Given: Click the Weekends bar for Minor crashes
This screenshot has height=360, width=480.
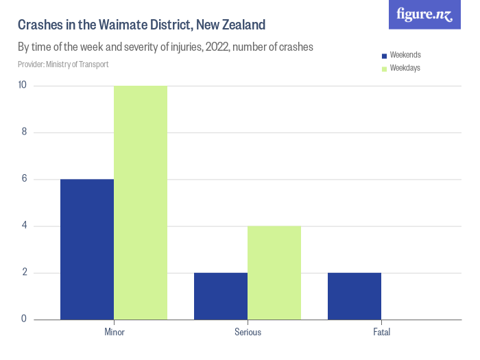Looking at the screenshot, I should [x=87, y=249].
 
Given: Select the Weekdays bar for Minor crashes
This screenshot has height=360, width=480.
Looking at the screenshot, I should [x=141, y=202].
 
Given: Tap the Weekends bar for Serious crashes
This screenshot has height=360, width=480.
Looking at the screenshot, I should [x=221, y=296].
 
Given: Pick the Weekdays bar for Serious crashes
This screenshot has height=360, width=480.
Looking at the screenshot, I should [x=274, y=272].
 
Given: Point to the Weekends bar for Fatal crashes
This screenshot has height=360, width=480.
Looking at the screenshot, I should [x=355, y=296].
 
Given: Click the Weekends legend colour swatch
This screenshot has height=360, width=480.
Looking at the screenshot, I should [x=385, y=55].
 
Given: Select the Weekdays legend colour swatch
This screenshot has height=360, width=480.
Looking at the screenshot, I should [x=385, y=68].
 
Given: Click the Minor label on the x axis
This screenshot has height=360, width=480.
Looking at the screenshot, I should [x=114, y=333].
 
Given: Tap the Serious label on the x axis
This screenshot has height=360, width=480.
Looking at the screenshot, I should [x=248, y=333].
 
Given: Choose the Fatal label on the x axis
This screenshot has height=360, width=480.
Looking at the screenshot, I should [x=381, y=333].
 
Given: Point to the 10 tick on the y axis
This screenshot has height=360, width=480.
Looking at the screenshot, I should [x=23, y=86].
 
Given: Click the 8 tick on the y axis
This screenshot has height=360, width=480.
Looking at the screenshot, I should [x=24, y=132].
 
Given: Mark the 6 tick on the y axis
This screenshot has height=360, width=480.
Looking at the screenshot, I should [x=24, y=179].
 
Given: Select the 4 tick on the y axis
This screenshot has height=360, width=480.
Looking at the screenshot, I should [x=24, y=226].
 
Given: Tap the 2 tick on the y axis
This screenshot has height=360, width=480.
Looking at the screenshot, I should [x=24, y=272].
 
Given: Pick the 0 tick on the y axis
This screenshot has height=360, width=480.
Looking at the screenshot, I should [x=24, y=319].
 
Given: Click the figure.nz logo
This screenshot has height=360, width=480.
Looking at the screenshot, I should [x=424, y=14].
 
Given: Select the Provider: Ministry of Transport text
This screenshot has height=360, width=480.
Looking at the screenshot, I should [x=63, y=64].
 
